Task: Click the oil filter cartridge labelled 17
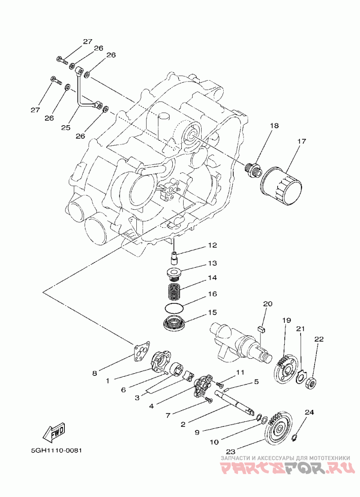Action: [281, 184]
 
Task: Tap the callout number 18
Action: [274, 126]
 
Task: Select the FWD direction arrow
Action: [54, 432]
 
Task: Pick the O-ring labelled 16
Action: [174, 307]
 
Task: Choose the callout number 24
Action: [309, 412]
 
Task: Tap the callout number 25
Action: [66, 127]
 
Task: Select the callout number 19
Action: [287, 321]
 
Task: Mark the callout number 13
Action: [212, 263]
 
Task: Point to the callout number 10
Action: [215, 442]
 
